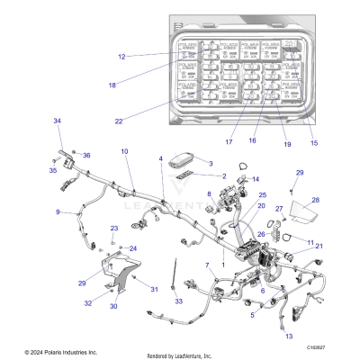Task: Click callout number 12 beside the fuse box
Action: coord(121,56)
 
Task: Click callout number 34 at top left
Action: coord(57,121)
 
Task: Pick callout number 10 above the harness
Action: coord(124,151)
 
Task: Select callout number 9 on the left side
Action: coord(58,212)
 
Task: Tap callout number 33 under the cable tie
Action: coord(178,300)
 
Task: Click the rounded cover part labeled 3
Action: coord(184,164)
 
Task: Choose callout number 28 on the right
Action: coord(315,201)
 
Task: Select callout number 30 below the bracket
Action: coord(113,307)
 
